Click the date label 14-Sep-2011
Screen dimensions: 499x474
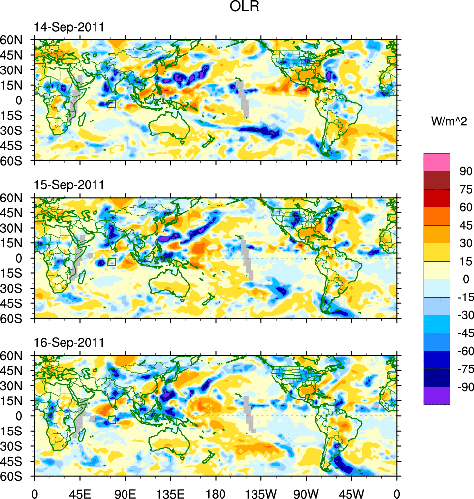pyautogui.click(x=69, y=28)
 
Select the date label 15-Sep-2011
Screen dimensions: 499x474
pyautogui.click(x=69, y=185)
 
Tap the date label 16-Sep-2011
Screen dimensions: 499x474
pyautogui.click(x=69, y=343)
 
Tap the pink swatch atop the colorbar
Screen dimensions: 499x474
pyautogui.click(x=437, y=162)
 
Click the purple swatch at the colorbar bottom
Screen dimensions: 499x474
pyautogui.click(x=437, y=396)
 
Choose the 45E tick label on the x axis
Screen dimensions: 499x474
pyautogui.click(x=80, y=493)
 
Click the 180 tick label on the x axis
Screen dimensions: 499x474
pyautogui.click(x=216, y=493)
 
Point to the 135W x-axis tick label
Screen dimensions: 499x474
pyautogui.click(x=261, y=493)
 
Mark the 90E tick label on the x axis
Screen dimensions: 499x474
pyautogui.click(x=125, y=493)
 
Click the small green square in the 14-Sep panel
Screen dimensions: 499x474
pyautogui.click(x=111, y=104)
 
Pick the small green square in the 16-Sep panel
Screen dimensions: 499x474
pyautogui.click(x=111, y=419)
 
